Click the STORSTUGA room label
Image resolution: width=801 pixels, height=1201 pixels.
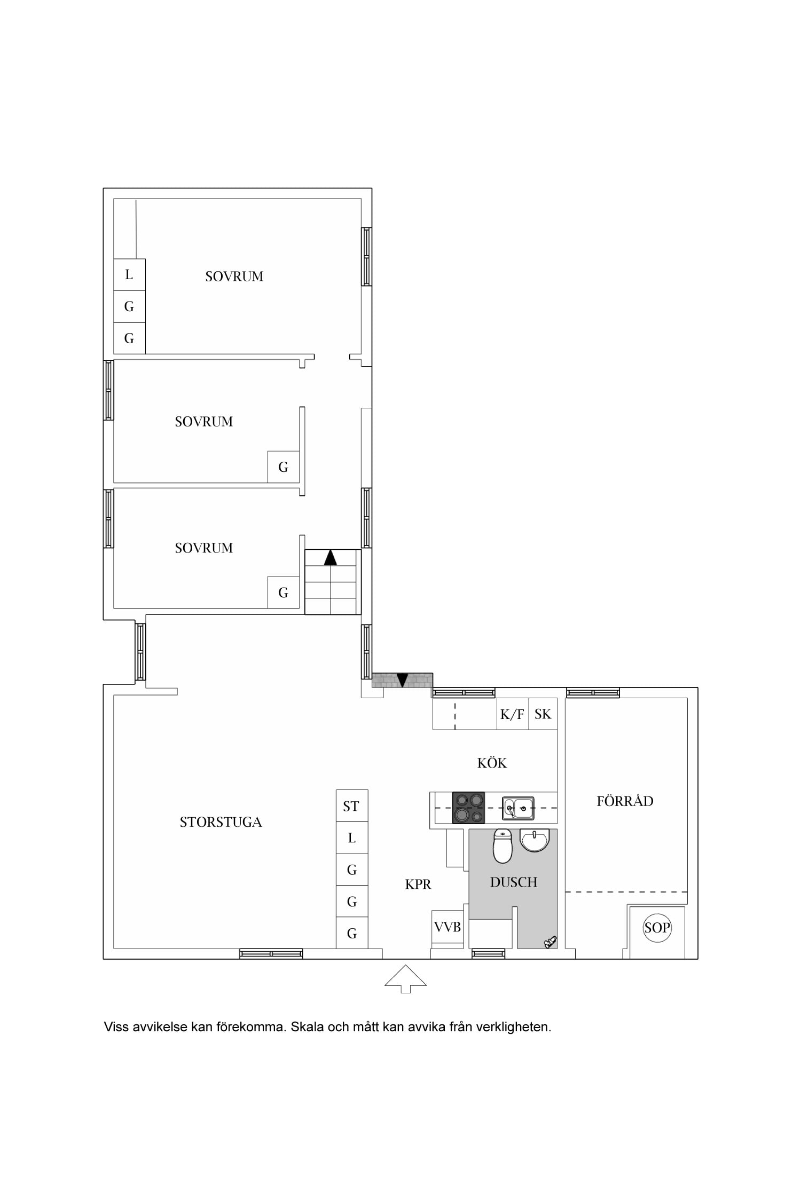point(221,822)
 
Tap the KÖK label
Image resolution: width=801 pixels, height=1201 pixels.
point(492,762)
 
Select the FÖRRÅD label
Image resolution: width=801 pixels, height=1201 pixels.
point(625,801)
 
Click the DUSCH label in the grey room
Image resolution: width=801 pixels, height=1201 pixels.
point(514,882)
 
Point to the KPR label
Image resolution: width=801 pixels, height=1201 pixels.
point(418,884)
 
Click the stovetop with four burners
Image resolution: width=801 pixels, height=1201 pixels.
point(468,808)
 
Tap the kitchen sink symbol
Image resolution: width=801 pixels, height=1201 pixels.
point(518,808)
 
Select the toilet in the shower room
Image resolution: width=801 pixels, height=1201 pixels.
point(502,846)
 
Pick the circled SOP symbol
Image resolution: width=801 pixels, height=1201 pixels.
point(657,928)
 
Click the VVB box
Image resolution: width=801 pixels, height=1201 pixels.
point(447,927)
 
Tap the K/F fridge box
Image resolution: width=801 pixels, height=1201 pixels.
point(513,714)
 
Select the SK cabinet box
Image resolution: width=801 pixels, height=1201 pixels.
point(543,714)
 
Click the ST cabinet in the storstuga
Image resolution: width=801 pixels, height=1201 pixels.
point(352,806)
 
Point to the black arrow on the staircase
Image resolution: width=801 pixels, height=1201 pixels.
point(331,557)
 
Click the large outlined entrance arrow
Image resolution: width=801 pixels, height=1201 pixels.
point(406,978)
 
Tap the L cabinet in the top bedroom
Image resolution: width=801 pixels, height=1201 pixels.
point(129,275)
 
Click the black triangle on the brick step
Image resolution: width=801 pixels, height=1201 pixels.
point(402,680)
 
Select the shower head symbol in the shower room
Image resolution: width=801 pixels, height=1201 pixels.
point(550,942)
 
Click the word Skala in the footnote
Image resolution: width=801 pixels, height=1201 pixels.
point(307,1026)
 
